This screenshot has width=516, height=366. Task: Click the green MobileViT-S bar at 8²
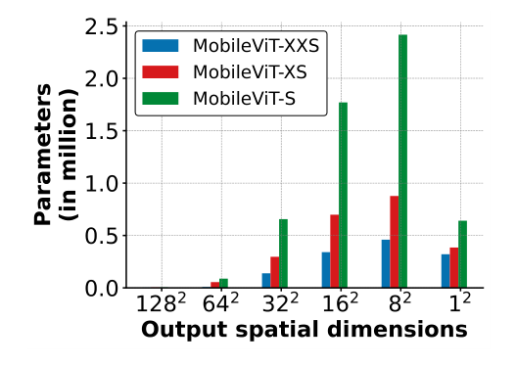402,161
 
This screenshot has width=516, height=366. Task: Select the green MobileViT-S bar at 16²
343,196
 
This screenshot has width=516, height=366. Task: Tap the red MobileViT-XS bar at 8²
394,242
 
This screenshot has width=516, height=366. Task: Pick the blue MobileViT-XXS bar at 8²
385,264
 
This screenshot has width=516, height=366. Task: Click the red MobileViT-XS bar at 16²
334,252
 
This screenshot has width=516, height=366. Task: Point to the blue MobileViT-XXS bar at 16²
325,270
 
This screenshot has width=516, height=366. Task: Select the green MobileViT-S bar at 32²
283,253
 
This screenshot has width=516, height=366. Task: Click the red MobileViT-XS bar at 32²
274,273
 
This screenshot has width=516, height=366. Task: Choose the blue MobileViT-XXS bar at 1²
446,271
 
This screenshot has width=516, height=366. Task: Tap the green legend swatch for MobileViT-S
163,98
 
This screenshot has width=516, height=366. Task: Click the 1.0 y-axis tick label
100,184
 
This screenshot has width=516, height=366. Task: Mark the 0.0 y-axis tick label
100,289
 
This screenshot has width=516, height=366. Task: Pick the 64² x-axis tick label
223,305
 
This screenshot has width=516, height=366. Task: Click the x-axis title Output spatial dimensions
304,331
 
